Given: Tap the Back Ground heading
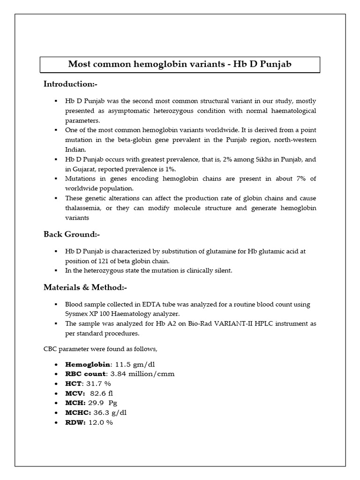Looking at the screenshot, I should [72, 234].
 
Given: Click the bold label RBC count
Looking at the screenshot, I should [86, 374].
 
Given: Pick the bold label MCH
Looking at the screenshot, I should [75, 403].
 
